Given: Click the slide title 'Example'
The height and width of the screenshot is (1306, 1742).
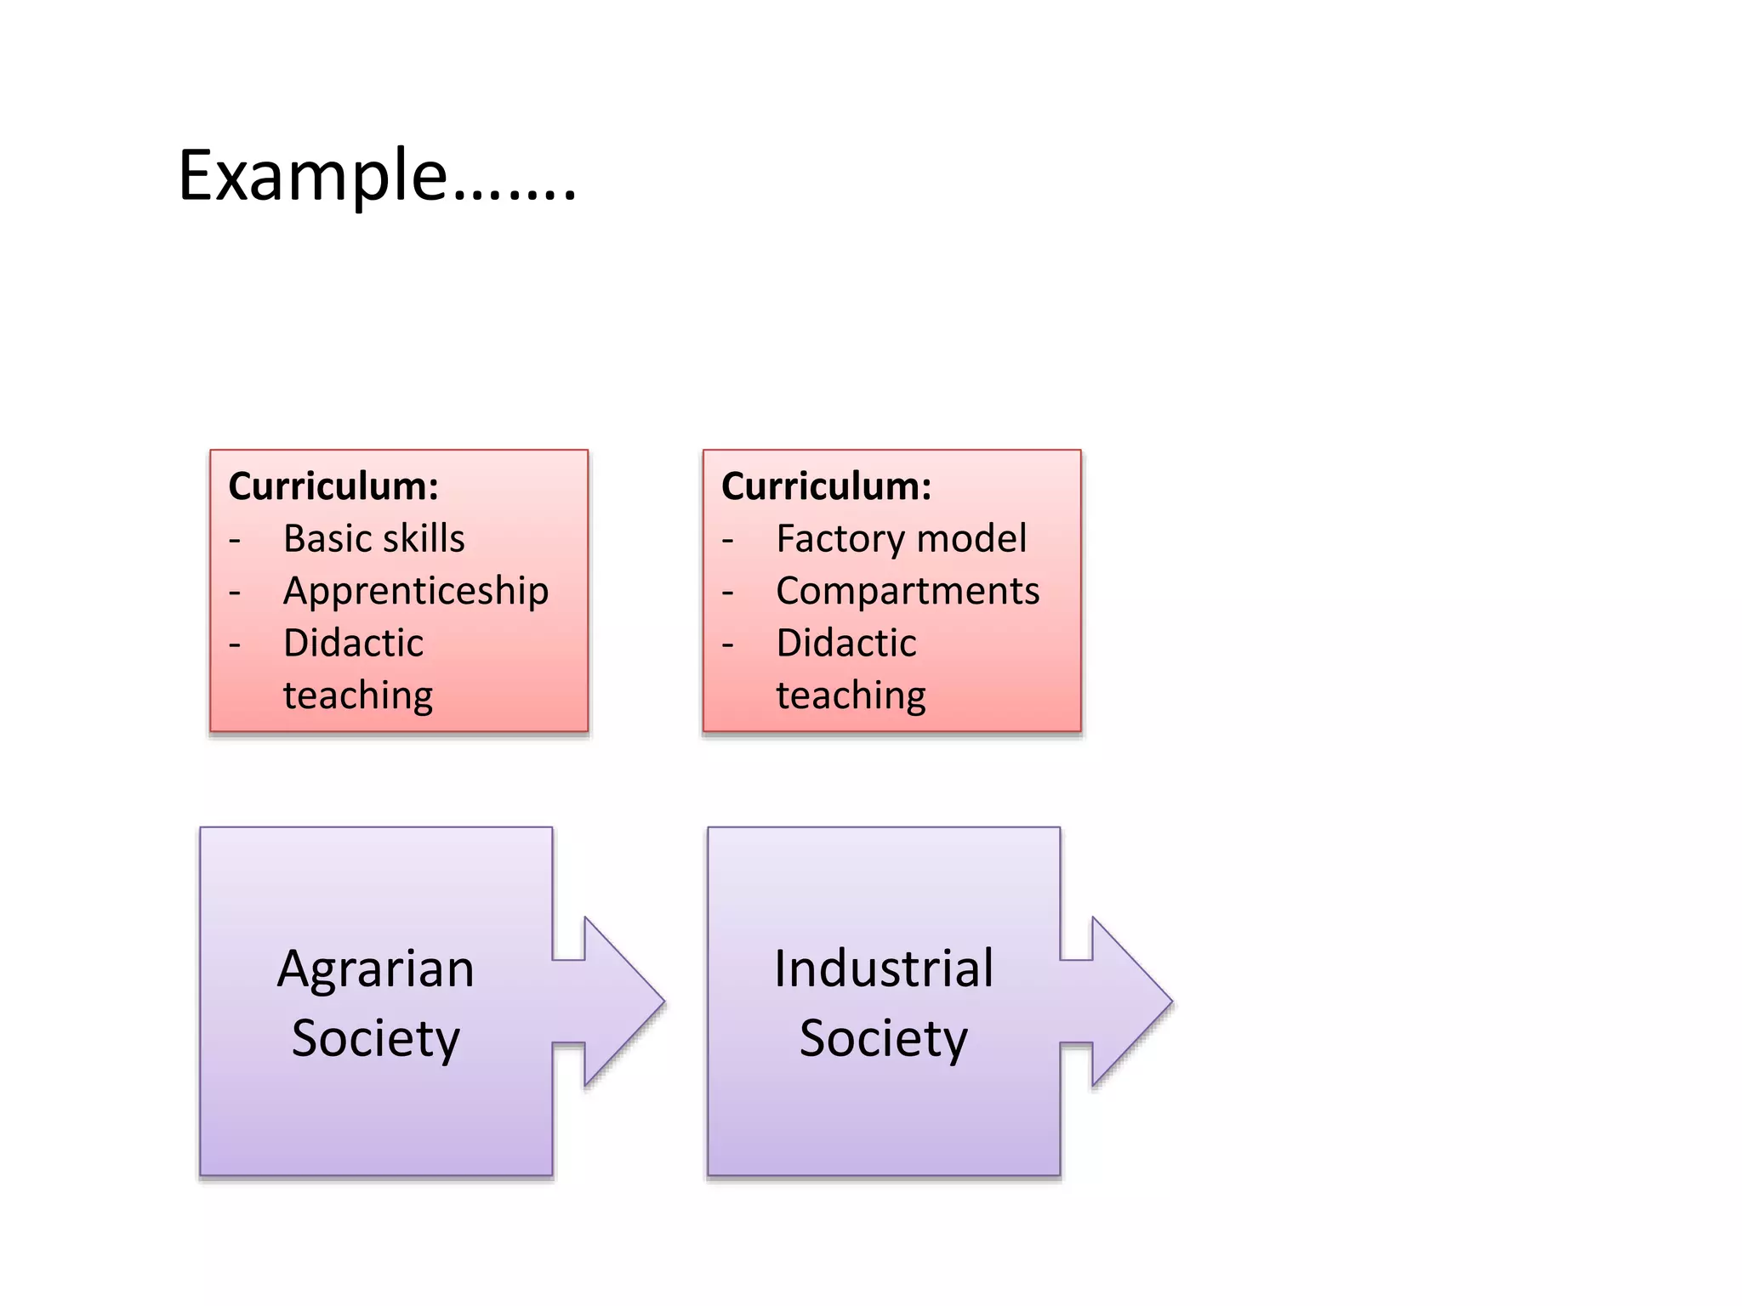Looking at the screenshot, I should [377, 176].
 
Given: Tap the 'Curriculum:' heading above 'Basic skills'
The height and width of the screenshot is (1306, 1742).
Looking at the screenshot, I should [333, 486].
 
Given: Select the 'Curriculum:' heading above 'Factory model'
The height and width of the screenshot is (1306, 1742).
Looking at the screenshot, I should [826, 486].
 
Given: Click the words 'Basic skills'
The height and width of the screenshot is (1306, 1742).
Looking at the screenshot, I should [374, 539].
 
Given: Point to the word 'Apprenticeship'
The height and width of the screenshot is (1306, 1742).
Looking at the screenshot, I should [416, 592].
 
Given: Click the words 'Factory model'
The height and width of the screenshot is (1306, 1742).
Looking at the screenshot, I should [902, 539].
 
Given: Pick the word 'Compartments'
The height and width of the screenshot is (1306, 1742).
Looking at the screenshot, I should [908, 591].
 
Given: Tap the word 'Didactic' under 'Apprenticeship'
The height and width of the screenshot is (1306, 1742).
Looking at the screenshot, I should [353, 644].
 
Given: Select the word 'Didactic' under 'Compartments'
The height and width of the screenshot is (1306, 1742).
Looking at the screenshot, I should [846, 644].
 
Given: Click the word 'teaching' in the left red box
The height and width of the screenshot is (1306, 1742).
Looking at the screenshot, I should [358, 696].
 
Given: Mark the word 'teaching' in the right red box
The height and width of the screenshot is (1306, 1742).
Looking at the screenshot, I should [851, 696].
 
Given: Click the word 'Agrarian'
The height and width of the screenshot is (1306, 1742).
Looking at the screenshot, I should [376, 969].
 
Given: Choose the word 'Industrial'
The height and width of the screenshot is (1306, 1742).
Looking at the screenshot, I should [884, 968].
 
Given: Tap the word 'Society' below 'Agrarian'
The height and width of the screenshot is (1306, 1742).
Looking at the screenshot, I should [376, 1038].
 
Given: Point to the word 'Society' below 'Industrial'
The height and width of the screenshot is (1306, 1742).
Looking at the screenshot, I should [884, 1038].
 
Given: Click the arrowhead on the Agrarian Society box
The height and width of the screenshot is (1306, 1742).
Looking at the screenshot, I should [621, 1002].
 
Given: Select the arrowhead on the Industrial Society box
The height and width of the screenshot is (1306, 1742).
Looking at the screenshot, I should [1129, 1002].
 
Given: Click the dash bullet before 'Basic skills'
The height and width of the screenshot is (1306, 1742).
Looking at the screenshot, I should [235, 541].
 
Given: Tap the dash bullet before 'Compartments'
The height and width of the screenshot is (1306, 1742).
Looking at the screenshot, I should [727, 593].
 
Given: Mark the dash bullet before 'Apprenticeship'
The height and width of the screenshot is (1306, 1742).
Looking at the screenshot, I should [235, 593].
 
